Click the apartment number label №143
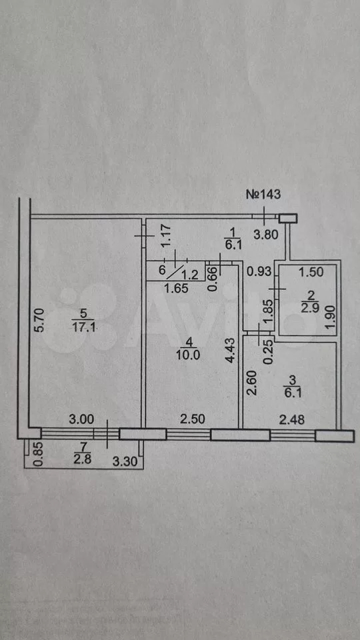pos(263,194)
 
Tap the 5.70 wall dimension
pos(39,321)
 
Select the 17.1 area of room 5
pos(84,327)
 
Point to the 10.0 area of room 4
pos(189,354)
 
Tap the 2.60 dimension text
pos(251,382)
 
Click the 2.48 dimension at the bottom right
pos(292,420)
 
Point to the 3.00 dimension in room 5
pos(81,419)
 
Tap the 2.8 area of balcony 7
pos(83,460)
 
